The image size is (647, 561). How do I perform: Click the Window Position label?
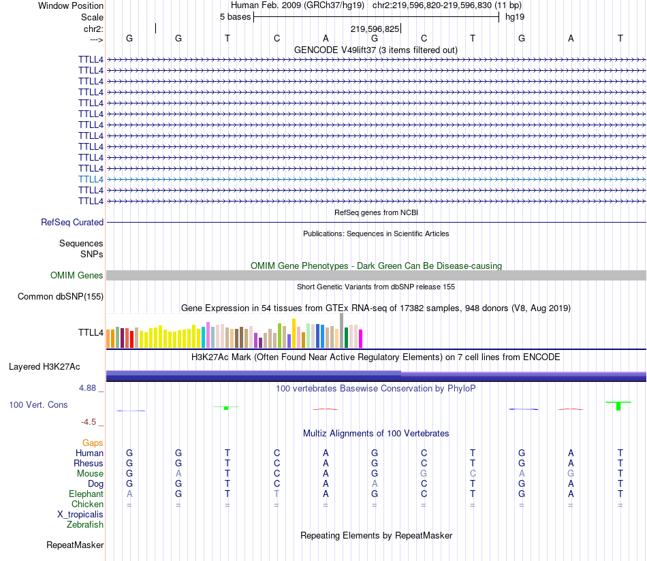(x=71, y=5)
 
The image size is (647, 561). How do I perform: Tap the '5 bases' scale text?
(x=235, y=16)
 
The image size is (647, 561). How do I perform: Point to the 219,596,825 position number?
(x=375, y=29)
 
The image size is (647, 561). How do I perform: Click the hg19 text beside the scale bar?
(x=514, y=16)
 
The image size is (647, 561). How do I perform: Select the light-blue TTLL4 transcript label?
(x=91, y=179)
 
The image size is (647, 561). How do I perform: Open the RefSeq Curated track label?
(x=72, y=222)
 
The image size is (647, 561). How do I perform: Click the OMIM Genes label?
(x=77, y=276)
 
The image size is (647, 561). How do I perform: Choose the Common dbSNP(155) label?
(x=61, y=296)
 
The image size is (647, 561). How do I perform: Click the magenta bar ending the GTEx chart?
(x=361, y=338)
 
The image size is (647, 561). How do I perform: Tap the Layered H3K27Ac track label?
(x=44, y=366)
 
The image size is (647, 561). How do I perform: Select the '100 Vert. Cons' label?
(x=38, y=404)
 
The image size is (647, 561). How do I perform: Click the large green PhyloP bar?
(x=618, y=406)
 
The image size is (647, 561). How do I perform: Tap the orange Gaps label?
(x=93, y=443)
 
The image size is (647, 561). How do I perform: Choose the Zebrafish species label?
(x=85, y=524)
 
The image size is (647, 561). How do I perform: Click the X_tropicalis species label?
(x=80, y=514)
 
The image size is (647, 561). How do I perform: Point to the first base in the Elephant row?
(x=129, y=494)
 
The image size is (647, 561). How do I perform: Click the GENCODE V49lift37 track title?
(x=375, y=50)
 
